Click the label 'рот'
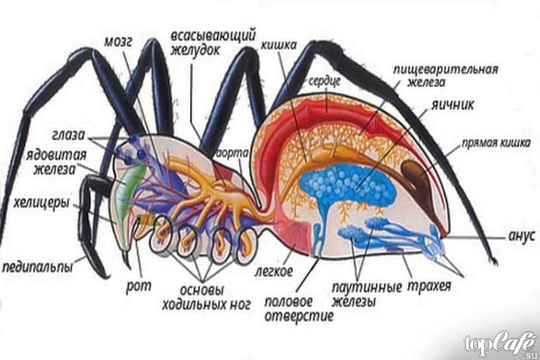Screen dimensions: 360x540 click(x=133, y=287)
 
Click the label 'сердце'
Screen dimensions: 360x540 click(x=321, y=81)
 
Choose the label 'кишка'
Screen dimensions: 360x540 click(x=278, y=45)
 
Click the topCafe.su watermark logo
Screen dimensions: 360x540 click(x=497, y=342)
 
